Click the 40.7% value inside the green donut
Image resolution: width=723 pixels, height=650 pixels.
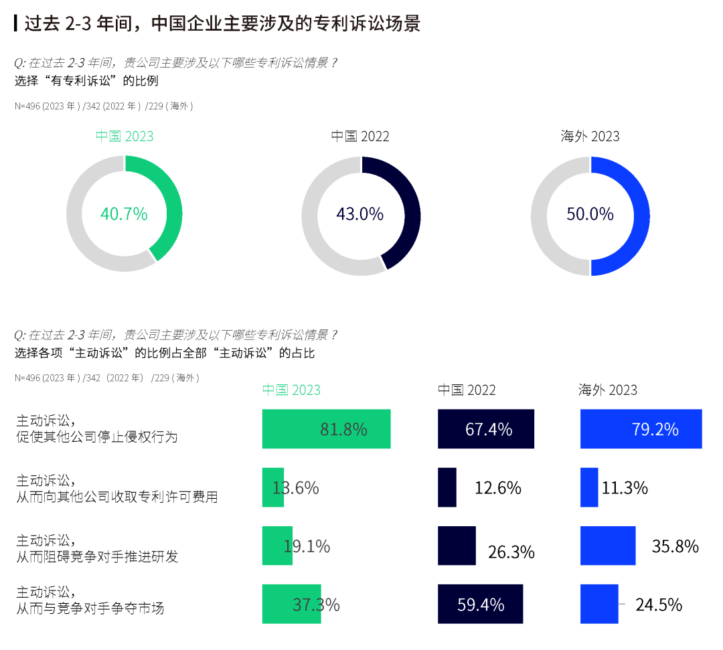coord(124,214)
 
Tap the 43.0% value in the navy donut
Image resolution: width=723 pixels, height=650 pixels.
coord(360,214)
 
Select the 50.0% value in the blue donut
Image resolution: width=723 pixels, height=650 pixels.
coord(590,214)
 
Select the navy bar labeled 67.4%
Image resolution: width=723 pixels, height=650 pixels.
coord(486,428)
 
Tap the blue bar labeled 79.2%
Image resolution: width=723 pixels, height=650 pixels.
coord(641,428)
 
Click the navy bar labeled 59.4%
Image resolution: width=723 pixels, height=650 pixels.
coord(481,604)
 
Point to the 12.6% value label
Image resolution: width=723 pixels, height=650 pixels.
coord(498,488)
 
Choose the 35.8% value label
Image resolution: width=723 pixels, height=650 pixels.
coord(675,546)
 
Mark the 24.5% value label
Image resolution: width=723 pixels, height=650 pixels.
coord(659,605)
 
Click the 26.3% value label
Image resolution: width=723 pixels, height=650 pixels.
coord(511,552)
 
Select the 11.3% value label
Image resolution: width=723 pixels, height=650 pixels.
coord(625,488)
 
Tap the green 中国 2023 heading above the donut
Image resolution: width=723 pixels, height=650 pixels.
coord(125,137)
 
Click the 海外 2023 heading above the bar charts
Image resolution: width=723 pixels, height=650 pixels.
coord(608,390)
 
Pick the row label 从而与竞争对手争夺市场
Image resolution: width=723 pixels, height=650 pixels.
coord(90,608)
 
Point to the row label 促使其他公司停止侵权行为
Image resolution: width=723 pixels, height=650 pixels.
coord(98,437)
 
